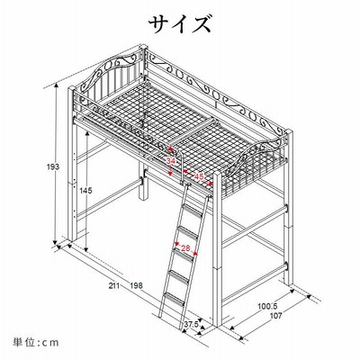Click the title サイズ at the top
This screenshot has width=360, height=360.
coord(180,24)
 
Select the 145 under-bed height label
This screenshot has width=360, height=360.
coord(86,190)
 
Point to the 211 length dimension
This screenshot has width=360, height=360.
coord(114,285)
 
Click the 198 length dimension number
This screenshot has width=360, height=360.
coord(136,285)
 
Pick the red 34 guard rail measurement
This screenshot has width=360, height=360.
coord(170,161)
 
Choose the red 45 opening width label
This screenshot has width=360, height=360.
coord(199,176)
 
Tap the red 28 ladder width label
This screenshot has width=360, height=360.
coord(186,248)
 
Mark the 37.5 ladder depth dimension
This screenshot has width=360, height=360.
coord(191,324)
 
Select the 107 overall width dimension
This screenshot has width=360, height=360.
coord(275,316)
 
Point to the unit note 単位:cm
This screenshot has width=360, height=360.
coord(36,342)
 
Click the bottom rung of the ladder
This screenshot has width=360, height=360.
coord(174,299)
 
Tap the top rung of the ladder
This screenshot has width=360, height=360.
coord(192,211)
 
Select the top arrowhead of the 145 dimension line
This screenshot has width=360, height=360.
coord(86,134)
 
